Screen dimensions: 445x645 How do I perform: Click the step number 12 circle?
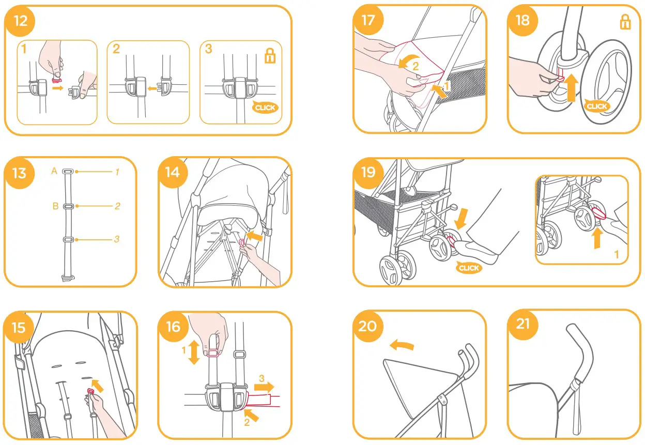21,21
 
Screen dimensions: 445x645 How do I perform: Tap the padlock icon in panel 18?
625,22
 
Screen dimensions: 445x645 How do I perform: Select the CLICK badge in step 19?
469,268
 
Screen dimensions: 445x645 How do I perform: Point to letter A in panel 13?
54,171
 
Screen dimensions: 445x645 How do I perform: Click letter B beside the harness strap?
55,206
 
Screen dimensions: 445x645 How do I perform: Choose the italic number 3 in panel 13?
117,239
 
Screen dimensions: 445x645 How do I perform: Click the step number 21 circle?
523,324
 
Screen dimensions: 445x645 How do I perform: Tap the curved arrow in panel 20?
402,345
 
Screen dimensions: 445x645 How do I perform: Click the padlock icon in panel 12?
270,56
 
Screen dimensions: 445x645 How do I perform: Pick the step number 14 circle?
173,172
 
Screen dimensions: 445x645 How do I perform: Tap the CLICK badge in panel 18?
597,106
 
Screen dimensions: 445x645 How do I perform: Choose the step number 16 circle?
173,326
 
